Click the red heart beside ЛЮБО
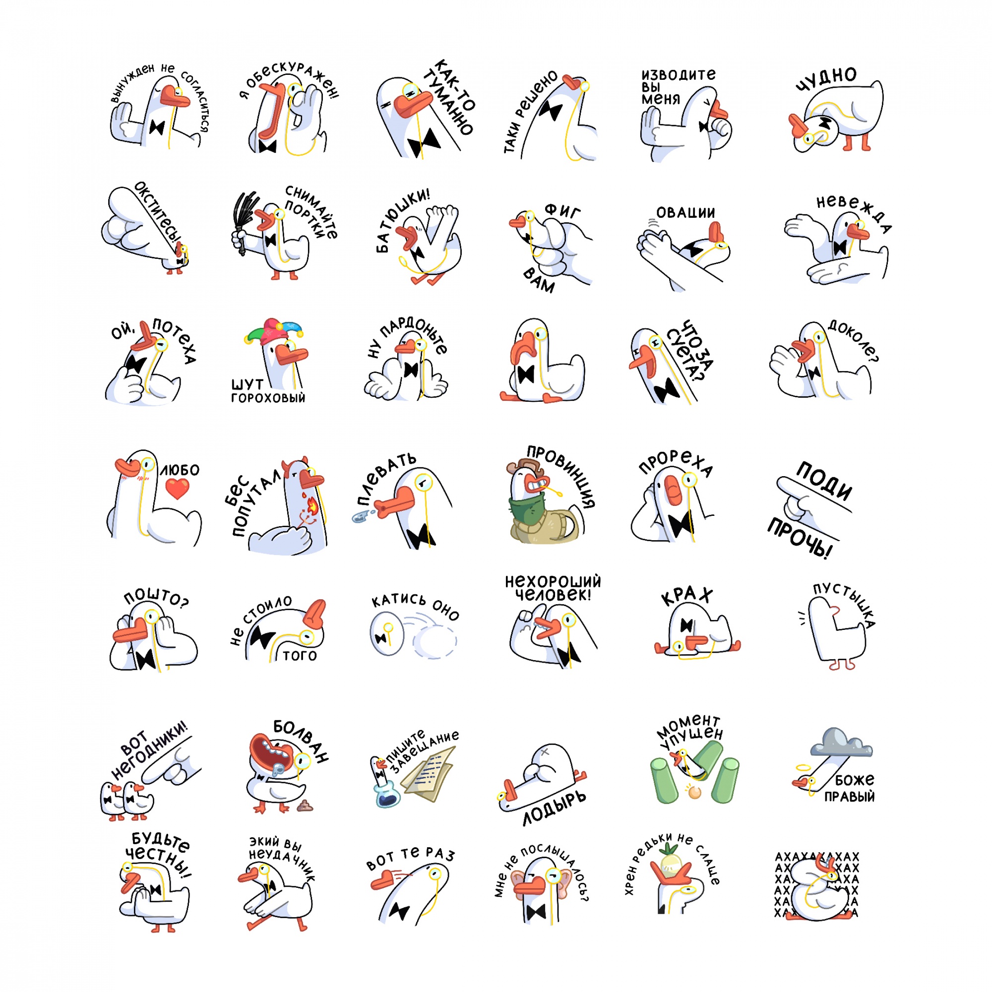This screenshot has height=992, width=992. [177, 488]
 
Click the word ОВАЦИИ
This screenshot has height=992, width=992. [685, 213]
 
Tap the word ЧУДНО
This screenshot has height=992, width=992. [826, 79]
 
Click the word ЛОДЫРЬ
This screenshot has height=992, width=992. [554, 807]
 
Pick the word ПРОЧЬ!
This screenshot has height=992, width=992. [800, 539]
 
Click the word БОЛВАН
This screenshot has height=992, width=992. [301, 741]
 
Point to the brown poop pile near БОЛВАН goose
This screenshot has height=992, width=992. [305, 806]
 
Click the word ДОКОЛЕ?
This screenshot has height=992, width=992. [853, 340]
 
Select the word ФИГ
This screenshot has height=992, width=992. [563, 211]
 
